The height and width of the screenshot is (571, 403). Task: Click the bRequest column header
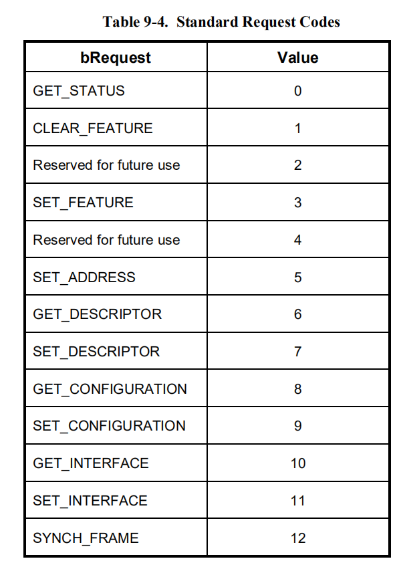116,58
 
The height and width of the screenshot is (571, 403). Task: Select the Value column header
298,58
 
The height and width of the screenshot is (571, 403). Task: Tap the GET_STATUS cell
79,91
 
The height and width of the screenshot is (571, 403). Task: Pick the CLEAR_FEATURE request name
93,128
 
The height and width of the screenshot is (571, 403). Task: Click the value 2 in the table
298,165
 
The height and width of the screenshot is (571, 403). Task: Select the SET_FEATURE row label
83,203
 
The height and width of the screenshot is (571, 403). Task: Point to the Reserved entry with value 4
106,240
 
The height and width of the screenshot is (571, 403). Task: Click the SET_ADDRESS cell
84,277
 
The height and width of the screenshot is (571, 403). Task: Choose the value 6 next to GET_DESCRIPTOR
298,314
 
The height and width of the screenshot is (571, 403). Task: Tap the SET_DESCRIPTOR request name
96,352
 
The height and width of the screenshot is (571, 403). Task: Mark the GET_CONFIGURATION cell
110,389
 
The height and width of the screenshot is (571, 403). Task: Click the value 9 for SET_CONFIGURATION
298,426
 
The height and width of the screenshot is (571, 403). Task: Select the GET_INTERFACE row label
91,463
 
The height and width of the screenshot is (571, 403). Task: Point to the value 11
298,501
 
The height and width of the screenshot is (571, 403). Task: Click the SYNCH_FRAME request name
86,538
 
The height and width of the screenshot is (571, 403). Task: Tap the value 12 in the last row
298,538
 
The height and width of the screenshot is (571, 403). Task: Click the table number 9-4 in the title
156,22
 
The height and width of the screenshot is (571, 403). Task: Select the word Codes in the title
319,22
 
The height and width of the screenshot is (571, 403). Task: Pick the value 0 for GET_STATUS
298,91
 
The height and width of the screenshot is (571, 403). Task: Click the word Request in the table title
269,23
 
